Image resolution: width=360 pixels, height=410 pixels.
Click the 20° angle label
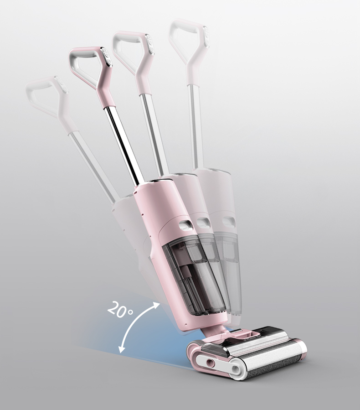point(120,309)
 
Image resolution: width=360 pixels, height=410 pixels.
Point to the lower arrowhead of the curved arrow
point(121,349)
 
